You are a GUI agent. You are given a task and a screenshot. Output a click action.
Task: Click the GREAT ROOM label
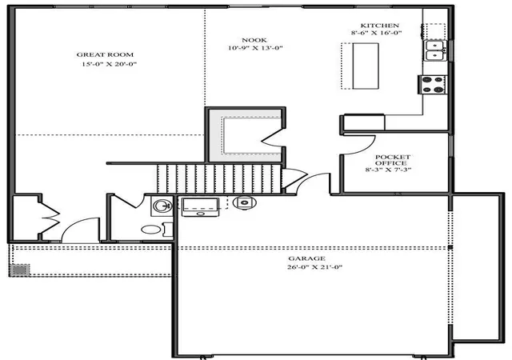coord(105,54)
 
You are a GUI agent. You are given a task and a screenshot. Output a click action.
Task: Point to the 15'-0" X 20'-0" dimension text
coord(109,64)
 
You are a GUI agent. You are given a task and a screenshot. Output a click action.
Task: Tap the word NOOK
coord(254,40)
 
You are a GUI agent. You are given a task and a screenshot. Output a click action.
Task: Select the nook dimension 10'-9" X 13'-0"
coord(255,48)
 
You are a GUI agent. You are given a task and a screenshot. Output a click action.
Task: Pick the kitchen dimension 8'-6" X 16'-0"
coord(377,33)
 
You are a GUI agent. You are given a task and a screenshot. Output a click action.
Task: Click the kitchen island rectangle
coord(366,66)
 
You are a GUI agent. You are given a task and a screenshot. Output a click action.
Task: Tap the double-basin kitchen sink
coord(435,50)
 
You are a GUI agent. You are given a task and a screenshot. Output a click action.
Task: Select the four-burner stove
coord(432,85)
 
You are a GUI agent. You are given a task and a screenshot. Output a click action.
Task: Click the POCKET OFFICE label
coord(392,160)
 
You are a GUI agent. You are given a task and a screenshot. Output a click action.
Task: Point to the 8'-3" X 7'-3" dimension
coord(388,170)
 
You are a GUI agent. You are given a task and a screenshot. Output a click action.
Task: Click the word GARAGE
coord(306,258)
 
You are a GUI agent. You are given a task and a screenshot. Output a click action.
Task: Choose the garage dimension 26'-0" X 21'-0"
coord(314,267)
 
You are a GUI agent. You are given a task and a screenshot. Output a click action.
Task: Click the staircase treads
coord(219,178)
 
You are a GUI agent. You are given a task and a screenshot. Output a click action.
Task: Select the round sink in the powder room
coord(162,206)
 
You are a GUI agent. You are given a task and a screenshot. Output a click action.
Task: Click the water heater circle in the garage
coord(245,202)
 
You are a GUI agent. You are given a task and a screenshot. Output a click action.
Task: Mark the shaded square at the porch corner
coord(19,270)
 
